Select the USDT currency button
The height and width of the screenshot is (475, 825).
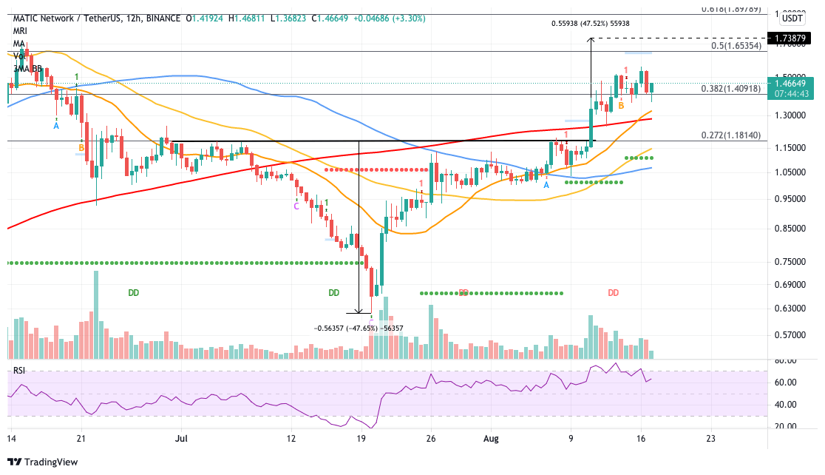[x=792, y=18]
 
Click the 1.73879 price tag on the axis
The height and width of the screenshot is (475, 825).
[x=793, y=38]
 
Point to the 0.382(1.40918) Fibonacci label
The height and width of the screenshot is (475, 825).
[x=734, y=88]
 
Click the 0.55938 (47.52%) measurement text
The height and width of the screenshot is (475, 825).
[x=591, y=23]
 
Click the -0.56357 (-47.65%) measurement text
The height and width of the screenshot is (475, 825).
[x=359, y=328]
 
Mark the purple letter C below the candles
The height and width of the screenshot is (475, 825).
[x=296, y=206]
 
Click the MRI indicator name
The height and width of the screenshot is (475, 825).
[x=20, y=31]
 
